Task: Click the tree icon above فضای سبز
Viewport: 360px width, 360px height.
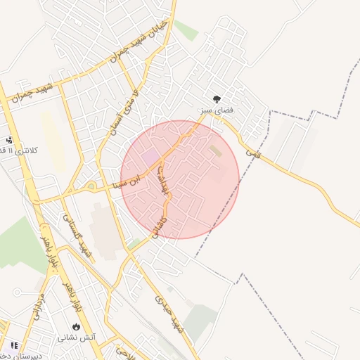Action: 216,98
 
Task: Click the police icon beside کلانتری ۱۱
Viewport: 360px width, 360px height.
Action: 9,139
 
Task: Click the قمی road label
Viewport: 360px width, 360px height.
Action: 252,150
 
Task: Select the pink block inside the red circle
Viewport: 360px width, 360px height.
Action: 150,157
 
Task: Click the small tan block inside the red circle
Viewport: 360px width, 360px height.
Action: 215,151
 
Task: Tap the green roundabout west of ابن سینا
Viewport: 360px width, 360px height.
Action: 91,186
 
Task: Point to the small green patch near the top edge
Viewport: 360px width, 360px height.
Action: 186,30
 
